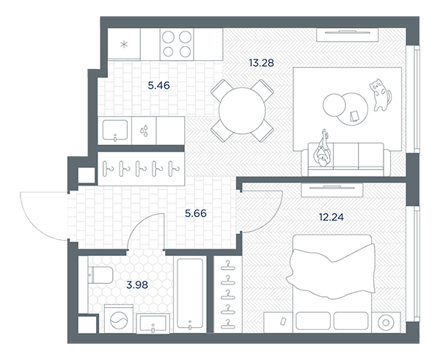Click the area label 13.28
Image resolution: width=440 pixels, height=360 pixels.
[261, 63]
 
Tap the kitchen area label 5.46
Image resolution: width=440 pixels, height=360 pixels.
[159, 85]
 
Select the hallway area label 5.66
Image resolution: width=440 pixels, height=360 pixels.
[196, 213]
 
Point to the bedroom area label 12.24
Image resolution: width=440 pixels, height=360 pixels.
[331, 217]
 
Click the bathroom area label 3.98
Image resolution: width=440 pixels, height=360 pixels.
[137, 285]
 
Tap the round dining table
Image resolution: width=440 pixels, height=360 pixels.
[242, 111]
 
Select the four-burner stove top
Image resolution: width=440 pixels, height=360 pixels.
[177, 44]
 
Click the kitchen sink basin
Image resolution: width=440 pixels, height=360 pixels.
[115, 131]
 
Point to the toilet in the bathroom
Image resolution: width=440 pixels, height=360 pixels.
[100, 275]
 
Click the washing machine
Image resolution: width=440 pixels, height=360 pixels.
[119, 319]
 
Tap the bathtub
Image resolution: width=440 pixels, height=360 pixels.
[190, 293]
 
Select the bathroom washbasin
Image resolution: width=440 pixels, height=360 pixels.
[153, 323]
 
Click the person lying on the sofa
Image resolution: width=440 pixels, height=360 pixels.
[323, 150]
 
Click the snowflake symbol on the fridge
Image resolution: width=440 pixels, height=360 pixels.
[124, 44]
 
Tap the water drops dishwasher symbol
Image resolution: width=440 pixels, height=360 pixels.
[144, 131]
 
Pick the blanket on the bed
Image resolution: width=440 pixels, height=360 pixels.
[331, 271]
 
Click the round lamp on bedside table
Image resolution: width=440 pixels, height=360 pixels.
[386, 323]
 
